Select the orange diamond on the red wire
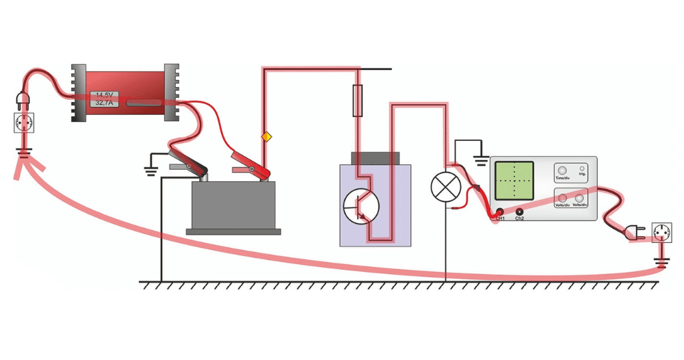click(267, 138)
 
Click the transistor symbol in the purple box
click(360, 205)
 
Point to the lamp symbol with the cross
click(445, 186)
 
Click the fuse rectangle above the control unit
click(356, 101)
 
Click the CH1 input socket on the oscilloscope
click(500, 212)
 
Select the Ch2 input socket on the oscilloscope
click(520, 212)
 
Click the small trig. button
click(582, 168)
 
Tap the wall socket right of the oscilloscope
click(661, 233)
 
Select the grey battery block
click(233, 205)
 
